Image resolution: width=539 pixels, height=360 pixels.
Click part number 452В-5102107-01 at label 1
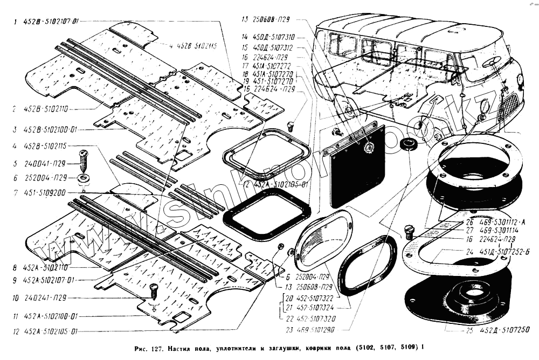pyautogui.click(x=51, y=22)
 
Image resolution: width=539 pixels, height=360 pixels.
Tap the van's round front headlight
pyautogui.click(x=520, y=81)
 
